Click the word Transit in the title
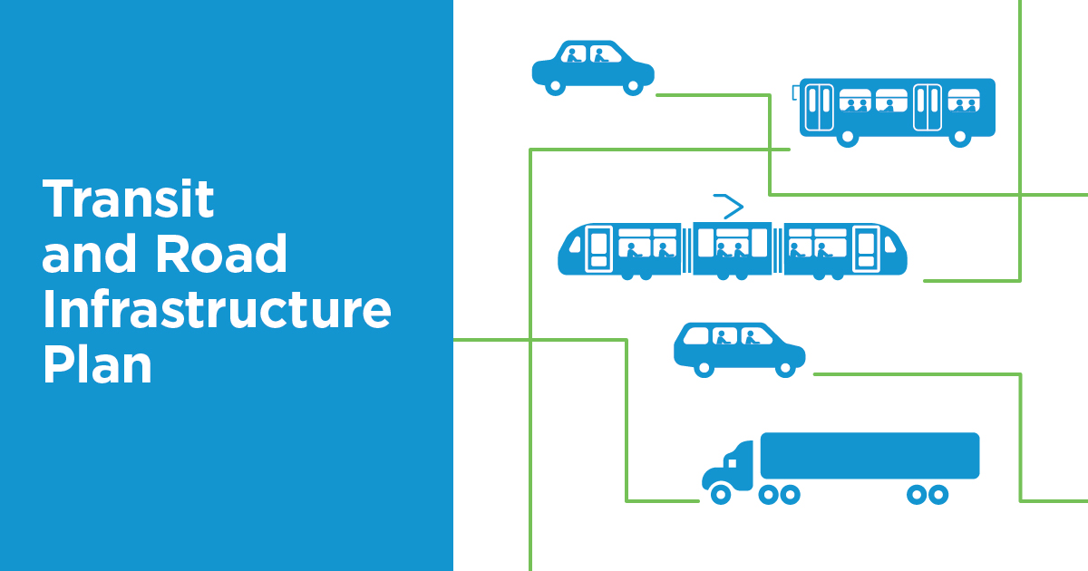point(128,198)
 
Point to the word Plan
point(97,366)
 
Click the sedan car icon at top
point(593,66)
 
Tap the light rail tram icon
point(733,248)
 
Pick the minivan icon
point(739,347)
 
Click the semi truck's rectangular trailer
point(869,455)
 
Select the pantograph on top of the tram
point(728,206)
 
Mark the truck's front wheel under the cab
point(720,495)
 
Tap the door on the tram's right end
point(866,249)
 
